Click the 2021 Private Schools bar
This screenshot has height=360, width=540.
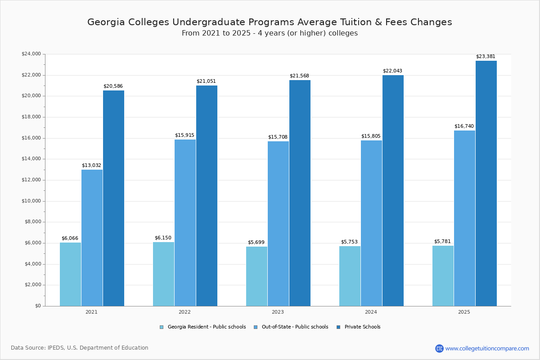pyautogui.click(x=113, y=198)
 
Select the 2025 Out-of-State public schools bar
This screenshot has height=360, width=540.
pyautogui.click(x=464, y=218)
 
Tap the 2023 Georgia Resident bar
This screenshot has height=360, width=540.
pyautogui.click(x=256, y=276)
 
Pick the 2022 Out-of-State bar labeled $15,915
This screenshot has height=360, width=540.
pyautogui.click(x=185, y=223)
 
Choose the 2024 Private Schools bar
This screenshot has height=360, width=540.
pyautogui.click(x=393, y=190)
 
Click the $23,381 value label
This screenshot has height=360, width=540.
pyautogui.click(x=486, y=57)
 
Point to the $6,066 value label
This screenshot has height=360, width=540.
pyautogui.click(x=70, y=238)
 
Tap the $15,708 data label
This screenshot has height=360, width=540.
pyautogui.click(x=278, y=137)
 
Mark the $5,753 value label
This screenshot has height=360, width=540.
pyautogui.click(x=349, y=242)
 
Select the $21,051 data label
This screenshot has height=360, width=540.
pyautogui.click(x=206, y=81)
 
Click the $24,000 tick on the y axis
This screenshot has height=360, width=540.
pyautogui.click(x=31, y=54)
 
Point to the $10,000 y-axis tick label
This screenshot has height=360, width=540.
pyautogui.click(x=31, y=201)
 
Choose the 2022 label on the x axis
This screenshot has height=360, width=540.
pyautogui.click(x=184, y=312)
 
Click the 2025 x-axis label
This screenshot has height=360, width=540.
pyautogui.click(x=464, y=312)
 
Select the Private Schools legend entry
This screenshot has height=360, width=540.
pyautogui.click(x=362, y=327)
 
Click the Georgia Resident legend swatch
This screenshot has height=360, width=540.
pyautogui.click(x=162, y=327)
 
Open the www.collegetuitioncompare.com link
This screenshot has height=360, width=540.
pyautogui.click(x=487, y=348)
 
